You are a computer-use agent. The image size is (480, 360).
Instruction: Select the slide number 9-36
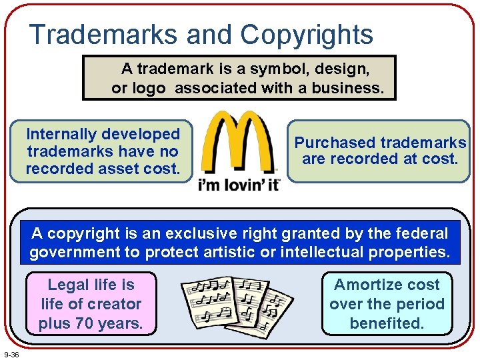pyautogui.click(x=11, y=353)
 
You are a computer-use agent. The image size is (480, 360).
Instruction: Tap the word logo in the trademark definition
pyautogui.click(x=147, y=88)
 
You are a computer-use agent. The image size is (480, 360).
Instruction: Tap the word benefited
pyautogui.click(x=387, y=324)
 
